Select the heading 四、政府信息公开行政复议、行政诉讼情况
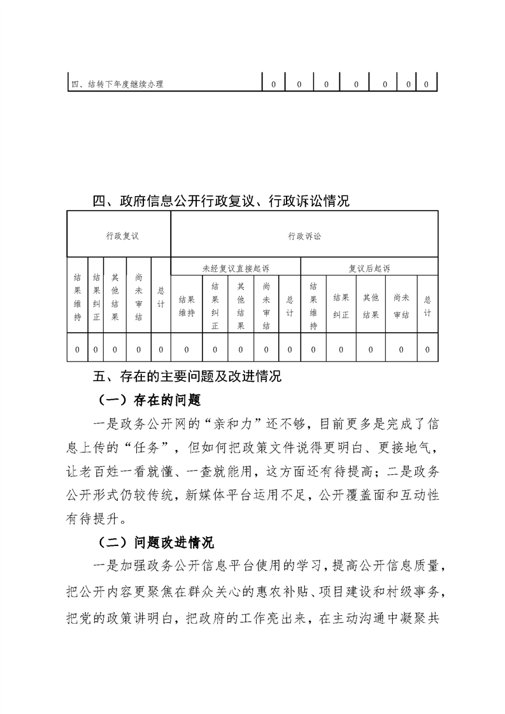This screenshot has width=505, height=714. point(221,202)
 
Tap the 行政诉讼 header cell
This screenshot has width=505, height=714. point(304,236)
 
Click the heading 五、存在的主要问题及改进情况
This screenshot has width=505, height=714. point(187,376)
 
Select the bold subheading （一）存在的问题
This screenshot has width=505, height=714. point(150,400)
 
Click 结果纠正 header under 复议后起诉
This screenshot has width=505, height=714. point(341,305)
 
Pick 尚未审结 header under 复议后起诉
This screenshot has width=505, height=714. point(401,305)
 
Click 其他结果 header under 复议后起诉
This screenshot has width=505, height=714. point(371,305)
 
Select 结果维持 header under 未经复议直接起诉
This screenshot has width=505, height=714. point(187,305)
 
